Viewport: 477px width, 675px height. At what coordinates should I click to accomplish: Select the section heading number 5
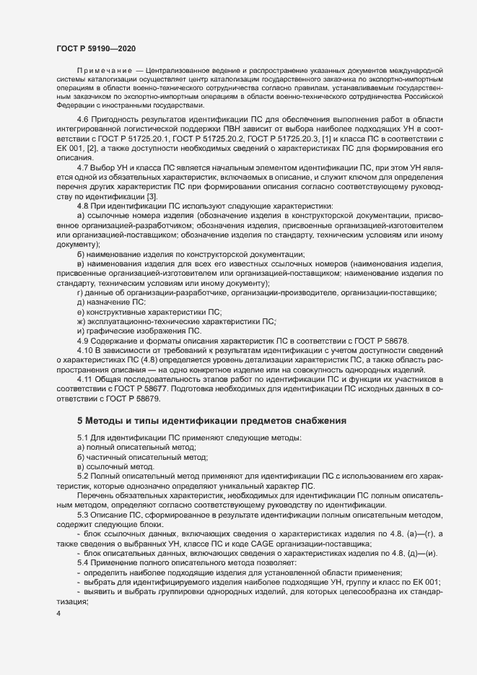pos(79,420)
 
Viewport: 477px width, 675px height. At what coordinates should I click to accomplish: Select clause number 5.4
pos(83,562)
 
